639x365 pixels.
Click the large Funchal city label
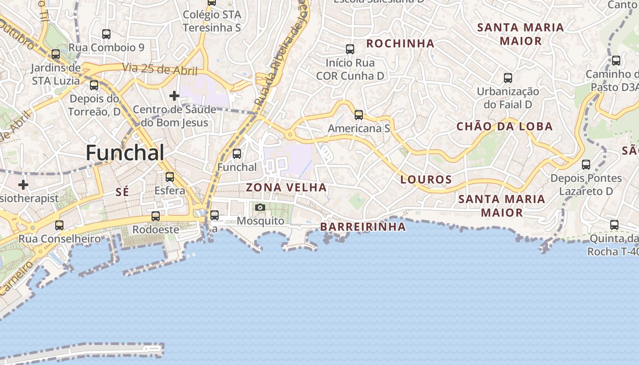(125, 152)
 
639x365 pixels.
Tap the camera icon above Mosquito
(260, 208)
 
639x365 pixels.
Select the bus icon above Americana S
(359, 115)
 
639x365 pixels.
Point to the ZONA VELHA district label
(286, 188)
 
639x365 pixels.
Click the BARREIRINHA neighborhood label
(362, 227)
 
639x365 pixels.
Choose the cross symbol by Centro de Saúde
(174, 96)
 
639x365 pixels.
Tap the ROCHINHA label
(400, 43)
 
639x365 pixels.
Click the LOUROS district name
(426, 180)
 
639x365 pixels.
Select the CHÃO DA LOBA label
(505, 126)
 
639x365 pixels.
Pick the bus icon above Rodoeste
(156, 216)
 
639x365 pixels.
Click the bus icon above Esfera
(170, 177)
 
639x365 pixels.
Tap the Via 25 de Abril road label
(160, 69)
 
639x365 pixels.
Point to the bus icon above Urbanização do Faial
(508, 78)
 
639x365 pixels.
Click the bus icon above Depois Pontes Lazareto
(586, 165)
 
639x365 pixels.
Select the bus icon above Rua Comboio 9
(106, 34)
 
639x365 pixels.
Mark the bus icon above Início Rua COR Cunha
(350, 49)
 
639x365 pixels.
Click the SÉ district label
(122, 192)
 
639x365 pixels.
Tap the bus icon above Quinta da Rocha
(614, 225)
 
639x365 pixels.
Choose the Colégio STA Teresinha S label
(212, 21)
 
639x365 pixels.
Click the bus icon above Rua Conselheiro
(59, 225)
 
